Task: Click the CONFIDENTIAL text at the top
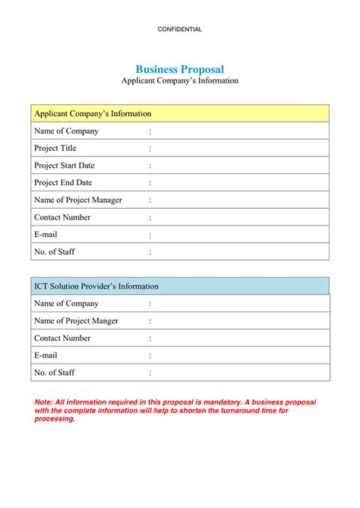(x=180, y=29)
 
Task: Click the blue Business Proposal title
(x=180, y=69)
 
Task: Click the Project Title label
(x=55, y=148)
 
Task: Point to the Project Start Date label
(x=65, y=166)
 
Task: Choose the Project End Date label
(x=63, y=183)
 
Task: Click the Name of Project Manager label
(x=78, y=200)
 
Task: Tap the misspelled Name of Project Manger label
(x=76, y=321)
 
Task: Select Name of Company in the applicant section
(x=66, y=131)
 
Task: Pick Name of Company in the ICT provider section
(x=66, y=304)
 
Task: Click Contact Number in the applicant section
(x=62, y=218)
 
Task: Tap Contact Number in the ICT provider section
(x=62, y=339)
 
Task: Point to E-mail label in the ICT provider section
(x=46, y=355)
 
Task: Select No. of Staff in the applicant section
(x=55, y=252)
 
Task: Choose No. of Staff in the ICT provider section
(x=55, y=373)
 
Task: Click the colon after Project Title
(x=150, y=149)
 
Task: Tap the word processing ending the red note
(x=55, y=419)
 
